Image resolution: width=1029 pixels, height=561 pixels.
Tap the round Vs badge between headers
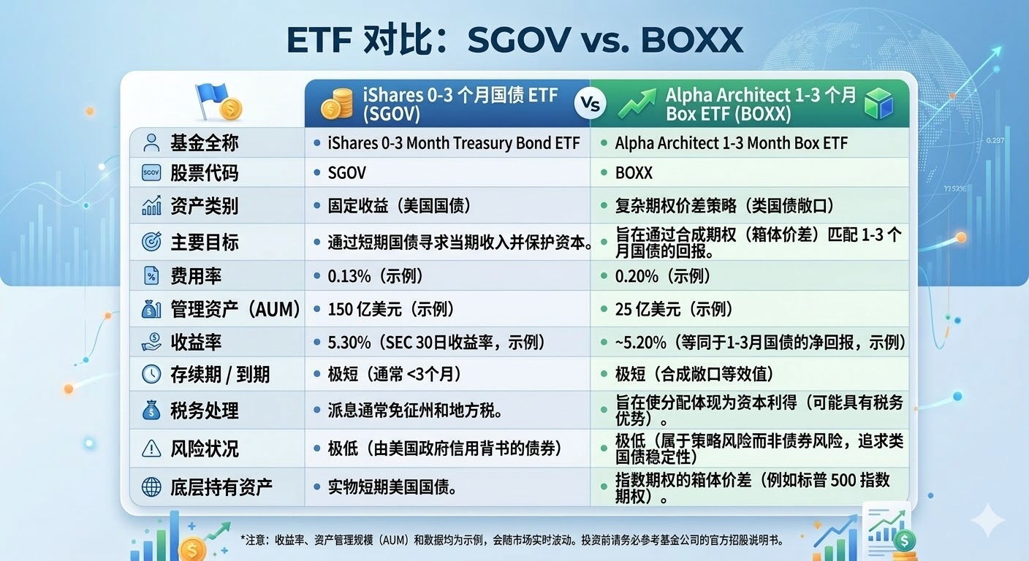(590, 104)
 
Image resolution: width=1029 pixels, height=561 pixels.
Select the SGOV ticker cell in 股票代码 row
(347, 173)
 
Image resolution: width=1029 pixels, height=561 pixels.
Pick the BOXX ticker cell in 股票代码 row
(634, 173)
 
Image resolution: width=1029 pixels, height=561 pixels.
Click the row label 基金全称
(204, 142)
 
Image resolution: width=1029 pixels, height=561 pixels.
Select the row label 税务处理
(204, 411)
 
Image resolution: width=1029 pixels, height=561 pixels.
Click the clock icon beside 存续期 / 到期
(151, 375)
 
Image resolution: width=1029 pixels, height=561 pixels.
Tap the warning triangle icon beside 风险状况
(151, 448)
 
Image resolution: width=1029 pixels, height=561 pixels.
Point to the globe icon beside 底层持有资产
(151, 487)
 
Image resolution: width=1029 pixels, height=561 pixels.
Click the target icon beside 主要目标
(151, 242)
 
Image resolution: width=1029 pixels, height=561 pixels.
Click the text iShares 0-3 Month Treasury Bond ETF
(454, 143)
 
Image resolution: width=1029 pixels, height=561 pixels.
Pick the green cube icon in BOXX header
(879, 104)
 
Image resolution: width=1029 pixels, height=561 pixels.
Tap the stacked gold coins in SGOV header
(337, 104)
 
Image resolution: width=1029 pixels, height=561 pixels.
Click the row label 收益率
(195, 343)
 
